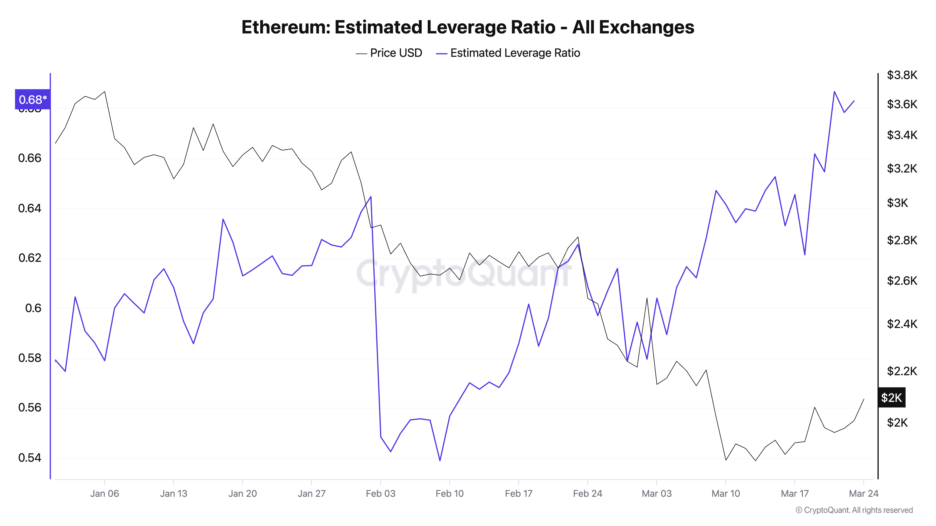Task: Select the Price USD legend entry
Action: tap(389, 53)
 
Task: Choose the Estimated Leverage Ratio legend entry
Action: tap(508, 53)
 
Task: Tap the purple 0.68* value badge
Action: tap(32, 99)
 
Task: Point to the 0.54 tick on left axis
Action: tap(29, 458)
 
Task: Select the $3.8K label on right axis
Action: tap(902, 75)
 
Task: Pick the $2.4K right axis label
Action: tap(902, 324)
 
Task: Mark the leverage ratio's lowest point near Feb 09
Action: tap(440, 461)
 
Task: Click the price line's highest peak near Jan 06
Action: tap(105, 91)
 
